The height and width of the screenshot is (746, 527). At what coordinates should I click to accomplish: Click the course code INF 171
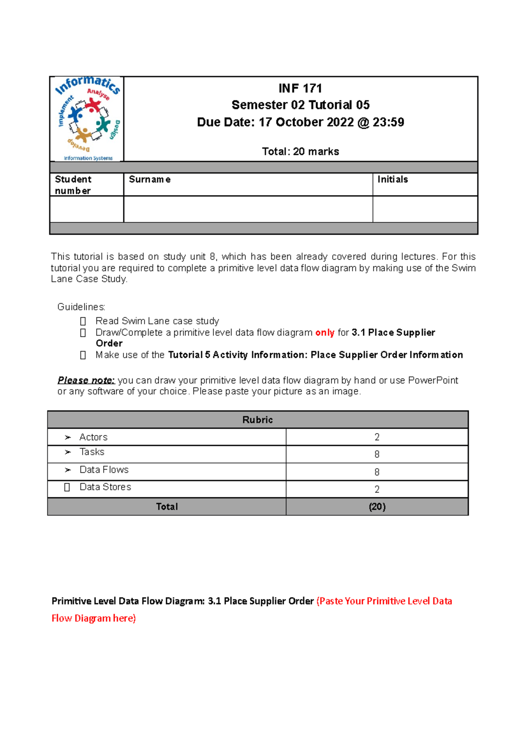coord(300,89)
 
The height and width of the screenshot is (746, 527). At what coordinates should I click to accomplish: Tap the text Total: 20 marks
coord(300,152)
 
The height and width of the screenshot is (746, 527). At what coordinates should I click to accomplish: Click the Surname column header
coord(150,180)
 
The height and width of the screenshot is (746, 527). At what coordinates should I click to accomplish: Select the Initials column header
coord(393,180)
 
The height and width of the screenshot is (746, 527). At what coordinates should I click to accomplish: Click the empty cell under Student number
coord(87,209)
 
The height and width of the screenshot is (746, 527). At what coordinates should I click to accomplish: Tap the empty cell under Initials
coord(425,209)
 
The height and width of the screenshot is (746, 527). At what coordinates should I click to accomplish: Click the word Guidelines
coord(81,307)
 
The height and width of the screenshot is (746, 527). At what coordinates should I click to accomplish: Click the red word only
coord(325,333)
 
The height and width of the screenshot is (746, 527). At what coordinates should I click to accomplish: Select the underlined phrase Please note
coord(86,380)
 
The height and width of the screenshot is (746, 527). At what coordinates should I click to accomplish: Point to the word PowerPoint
coord(433,380)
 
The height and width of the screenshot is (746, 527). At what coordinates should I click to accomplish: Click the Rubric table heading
coord(258,420)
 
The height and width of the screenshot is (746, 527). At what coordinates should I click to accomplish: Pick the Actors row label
coord(93,437)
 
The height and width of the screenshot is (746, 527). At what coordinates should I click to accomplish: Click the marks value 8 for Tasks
coord(377,454)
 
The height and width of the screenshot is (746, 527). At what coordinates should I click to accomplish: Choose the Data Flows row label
coord(104,470)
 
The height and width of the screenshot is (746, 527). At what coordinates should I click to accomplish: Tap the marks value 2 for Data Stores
coord(377,489)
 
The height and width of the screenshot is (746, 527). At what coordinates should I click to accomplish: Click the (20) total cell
coord(377,507)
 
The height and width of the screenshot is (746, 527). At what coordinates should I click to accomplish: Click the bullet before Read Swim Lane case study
coord(83,322)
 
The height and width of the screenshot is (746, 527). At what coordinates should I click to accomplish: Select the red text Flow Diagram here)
coord(94,619)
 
